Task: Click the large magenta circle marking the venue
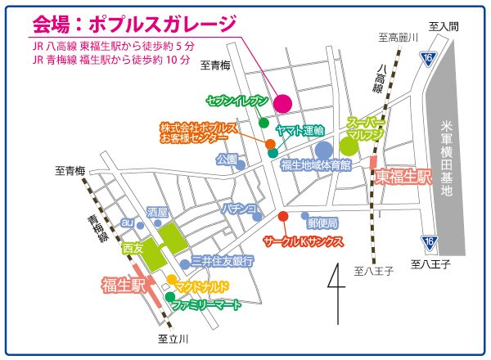click(x=282, y=103)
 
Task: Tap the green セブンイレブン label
click(x=237, y=100)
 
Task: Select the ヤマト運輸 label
click(x=300, y=130)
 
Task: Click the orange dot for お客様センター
click(x=271, y=143)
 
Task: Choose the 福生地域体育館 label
click(x=315, y=165)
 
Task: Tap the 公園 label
click(x=226, y=159)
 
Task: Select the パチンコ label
click(x=240, y=209)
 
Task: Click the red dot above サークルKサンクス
click(x=283, y=217)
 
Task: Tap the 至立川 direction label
click(x=173, y=338)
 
